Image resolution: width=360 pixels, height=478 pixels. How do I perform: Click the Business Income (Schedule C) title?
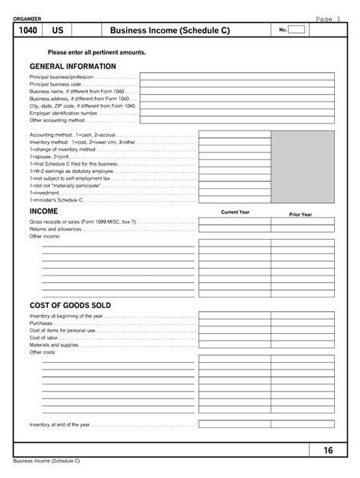(169, 30)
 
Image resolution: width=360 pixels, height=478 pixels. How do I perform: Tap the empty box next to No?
(297, 30)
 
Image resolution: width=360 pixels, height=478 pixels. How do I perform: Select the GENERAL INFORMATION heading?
(69, 66)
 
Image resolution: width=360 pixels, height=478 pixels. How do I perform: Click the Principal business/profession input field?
(236, 77)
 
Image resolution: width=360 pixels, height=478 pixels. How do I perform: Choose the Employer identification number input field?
(236, 112)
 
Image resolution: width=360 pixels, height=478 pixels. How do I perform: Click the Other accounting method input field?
(236, 120)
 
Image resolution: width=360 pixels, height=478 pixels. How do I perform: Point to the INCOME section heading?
(43, 210)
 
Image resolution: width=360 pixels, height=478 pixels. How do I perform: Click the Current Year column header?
(235, 212)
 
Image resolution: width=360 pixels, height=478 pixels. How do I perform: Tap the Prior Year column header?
(301, 215)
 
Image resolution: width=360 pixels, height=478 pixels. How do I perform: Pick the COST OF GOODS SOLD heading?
(70, 305)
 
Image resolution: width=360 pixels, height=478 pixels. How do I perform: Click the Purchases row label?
(41, 323)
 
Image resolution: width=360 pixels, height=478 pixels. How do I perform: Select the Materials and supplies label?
(55, 345)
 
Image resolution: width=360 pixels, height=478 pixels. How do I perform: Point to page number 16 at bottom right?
(328, 451)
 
